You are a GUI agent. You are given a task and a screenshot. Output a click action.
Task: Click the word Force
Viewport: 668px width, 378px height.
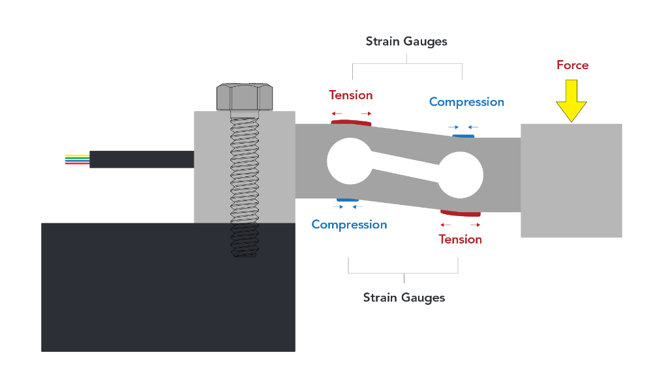tap(572, 65)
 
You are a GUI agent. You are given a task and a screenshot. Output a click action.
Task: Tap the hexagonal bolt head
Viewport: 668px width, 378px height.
tap(243, 97)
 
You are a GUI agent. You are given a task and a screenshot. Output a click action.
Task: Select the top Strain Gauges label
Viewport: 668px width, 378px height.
tap(406, 41)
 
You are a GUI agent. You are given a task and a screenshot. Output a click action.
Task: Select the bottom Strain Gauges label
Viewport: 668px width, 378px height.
tap(404, 298)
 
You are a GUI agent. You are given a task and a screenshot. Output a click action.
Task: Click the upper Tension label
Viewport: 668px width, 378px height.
tap(351, 95)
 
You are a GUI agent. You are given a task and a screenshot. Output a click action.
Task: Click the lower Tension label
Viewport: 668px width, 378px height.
tap(460, 240)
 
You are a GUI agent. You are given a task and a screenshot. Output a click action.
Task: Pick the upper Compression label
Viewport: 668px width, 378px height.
tap(466, 102)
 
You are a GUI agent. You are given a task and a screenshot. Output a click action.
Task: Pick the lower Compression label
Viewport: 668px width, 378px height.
tap(349, 225)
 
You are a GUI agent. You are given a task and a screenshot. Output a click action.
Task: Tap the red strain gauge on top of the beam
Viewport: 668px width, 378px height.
tap(351, 122)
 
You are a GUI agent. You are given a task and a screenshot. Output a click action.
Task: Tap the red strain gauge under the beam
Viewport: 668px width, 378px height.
tap(461, 213)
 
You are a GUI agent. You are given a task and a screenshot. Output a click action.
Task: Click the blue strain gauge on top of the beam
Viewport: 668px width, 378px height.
tap(463, 136)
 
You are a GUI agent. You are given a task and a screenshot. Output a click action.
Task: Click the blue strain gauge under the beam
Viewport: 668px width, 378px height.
tap(347, 199)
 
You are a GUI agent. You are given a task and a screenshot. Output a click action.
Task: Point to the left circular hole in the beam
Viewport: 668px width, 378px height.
tap(347, 161)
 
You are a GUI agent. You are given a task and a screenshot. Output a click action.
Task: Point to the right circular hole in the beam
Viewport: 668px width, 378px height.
tap(460, 175)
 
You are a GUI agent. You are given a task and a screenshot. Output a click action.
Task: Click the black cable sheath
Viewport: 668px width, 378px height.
tap(141, 159)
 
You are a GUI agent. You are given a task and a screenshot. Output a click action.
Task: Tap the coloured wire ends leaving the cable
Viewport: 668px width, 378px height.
tap(77, 159)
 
